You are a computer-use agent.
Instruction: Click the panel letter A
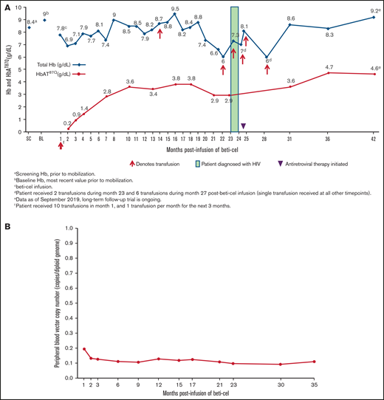(x=8, y=6)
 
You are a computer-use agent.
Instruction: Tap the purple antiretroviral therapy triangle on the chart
(x=244, y=125)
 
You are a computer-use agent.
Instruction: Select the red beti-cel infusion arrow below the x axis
(x=61, y=145)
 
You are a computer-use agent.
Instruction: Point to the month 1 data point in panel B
(x=84, y=349)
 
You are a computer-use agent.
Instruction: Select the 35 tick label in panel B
(x=314, y=385)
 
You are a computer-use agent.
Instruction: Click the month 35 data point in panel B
(x=314, y=362)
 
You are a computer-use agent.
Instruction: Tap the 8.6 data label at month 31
(x=291, y=18)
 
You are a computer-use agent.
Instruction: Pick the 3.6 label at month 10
(x=130, y=80)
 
